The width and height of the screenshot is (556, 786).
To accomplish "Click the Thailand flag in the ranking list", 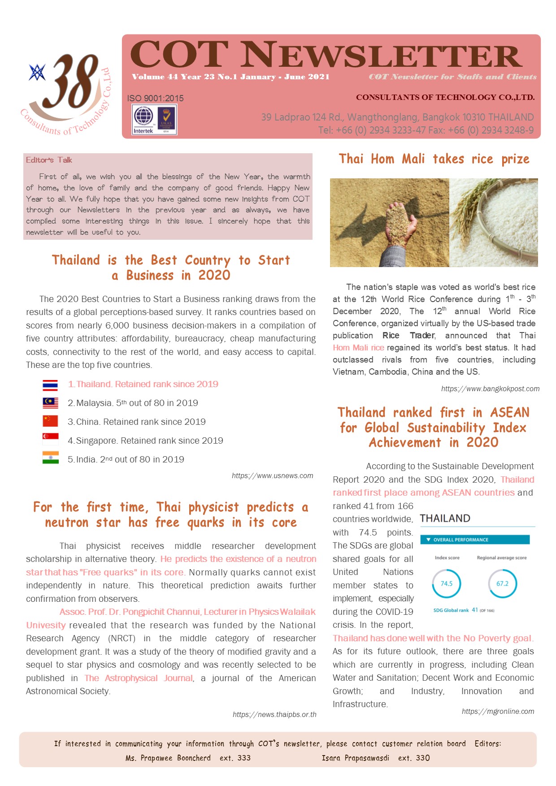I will coord(50,385).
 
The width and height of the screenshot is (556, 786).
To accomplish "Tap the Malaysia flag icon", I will coord(50,403).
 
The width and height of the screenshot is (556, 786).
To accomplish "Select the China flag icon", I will coord(50,421).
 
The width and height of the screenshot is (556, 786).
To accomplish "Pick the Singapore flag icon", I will coord(50,440).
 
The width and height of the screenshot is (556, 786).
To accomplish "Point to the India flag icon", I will coord(50,458).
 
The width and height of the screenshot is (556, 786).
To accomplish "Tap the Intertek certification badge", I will coord(143,119).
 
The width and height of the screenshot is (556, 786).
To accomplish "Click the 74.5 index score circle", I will coord(447,583).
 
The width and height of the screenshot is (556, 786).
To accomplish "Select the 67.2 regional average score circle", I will coord(502,583).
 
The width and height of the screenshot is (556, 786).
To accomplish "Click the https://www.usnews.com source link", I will coord(272,476).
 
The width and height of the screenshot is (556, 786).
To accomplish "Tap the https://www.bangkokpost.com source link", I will coord(490,389).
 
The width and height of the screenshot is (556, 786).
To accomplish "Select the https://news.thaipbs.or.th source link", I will coord(274,715).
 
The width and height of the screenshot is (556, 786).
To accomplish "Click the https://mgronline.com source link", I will coord(498,712).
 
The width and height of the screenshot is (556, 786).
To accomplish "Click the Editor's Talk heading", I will coord(49,160).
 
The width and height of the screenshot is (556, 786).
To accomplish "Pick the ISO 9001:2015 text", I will coord(155,99).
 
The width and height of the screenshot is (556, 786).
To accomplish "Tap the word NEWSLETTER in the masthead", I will coord(383,56).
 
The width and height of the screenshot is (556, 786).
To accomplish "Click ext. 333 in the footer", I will coord(235,758).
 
